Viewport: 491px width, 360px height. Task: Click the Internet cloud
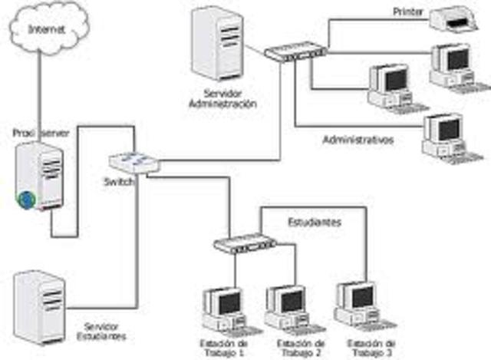pyautogui.click(x=47, y=30)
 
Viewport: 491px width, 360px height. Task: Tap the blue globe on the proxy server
pyautogui.click(x=27, y=200)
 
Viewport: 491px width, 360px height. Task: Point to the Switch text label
pyautogui.click(x=119, y=182)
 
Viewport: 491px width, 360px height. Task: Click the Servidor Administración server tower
pyautogui.click(x=218, y=45)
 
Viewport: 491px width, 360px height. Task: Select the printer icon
pyautogui.click(x=456, y=19)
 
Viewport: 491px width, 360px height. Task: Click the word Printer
pyautogui.click(x=408, y=12)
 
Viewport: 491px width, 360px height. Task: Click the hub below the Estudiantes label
pyautogui.click(x=244, y=245)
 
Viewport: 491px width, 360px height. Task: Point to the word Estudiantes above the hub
pyautogui.click(x=315, y=222)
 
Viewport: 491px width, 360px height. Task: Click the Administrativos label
pyautogui.click(x=358, y=140)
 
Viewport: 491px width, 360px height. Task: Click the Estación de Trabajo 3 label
pyautogui.click(x=371, y=347)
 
